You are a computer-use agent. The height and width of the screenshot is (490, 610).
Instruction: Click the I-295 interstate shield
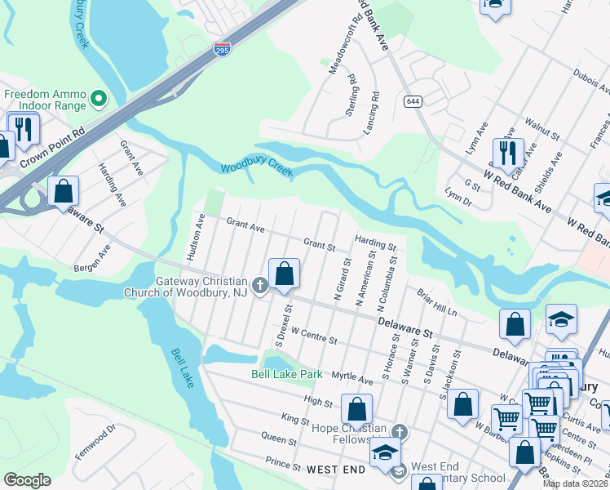222,49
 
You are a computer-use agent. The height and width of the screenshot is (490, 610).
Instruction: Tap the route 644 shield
412,100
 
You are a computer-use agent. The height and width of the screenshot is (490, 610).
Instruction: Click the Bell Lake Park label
286,375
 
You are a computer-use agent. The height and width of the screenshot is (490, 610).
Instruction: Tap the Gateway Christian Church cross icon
260,285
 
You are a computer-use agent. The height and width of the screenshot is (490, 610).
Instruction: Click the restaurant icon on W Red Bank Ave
508,153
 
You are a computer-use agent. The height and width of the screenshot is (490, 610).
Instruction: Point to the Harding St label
375,243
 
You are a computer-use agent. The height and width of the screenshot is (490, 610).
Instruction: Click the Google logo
27,480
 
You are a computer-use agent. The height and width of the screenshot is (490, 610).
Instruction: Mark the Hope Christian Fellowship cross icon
398,430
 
